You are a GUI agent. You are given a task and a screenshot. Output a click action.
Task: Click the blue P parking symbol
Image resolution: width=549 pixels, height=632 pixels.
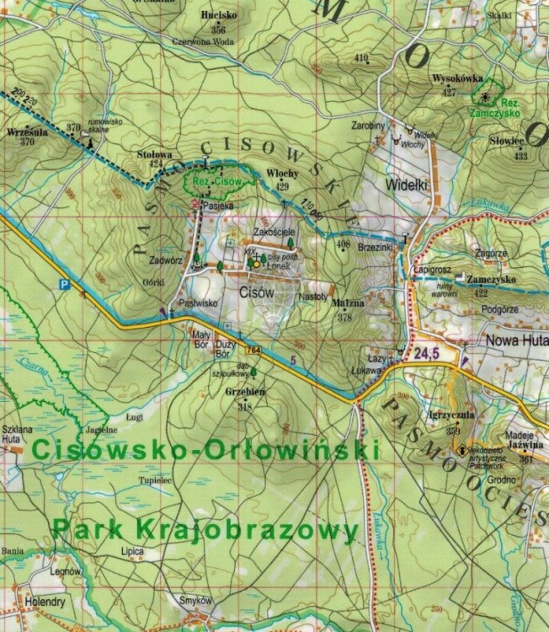tap(63, 285)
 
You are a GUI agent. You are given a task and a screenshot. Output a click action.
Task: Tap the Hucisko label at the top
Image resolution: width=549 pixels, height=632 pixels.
tap(218, 15)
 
